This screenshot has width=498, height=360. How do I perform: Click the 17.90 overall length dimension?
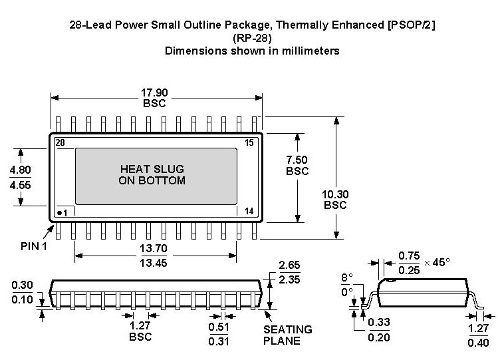click(x=154, y=92)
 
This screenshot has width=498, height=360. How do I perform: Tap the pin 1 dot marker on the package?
click(x=59, y=213)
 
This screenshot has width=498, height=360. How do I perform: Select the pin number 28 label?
click(x=60, y=142)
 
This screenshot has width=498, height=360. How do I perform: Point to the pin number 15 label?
click(x=250, y=142)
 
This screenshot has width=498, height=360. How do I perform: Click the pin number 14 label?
click(x=249, y=212)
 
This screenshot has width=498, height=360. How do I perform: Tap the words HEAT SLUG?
click(x=152, y=169)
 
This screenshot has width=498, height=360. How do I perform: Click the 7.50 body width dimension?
click(x=297, y=160)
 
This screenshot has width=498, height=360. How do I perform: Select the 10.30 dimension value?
click(x=335, y=194)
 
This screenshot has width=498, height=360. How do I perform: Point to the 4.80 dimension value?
click(x=19, y=170)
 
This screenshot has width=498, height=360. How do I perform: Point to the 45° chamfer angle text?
click(x=439, y=262)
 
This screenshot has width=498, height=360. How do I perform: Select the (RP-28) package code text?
click(x=251, y=38)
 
